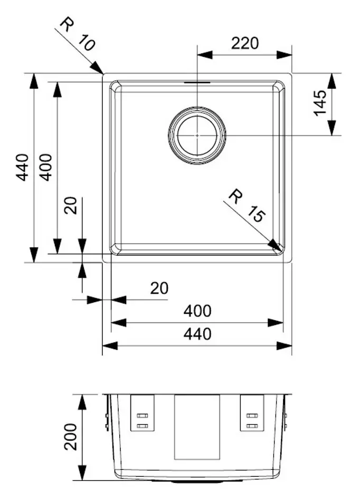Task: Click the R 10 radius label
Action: (78, 34)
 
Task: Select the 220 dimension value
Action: (244, 43)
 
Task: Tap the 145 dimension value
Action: (320, 103)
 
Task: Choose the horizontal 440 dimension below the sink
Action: (197, 334)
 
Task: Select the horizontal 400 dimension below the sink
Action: (197, 311)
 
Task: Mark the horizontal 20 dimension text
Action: (159, 288)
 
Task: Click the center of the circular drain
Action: (197, 135)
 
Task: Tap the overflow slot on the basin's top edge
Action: (197, 82)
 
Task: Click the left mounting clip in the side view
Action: (143, 413)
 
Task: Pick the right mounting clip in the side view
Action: (252, 413)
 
